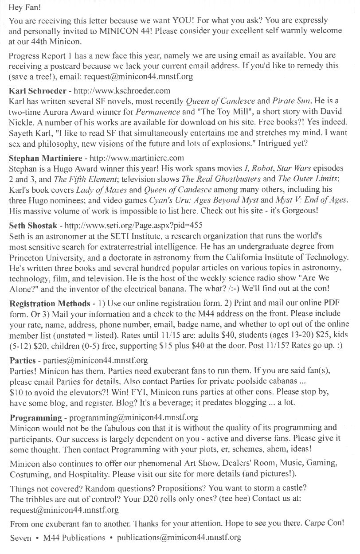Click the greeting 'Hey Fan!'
23,8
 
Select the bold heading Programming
36,418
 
